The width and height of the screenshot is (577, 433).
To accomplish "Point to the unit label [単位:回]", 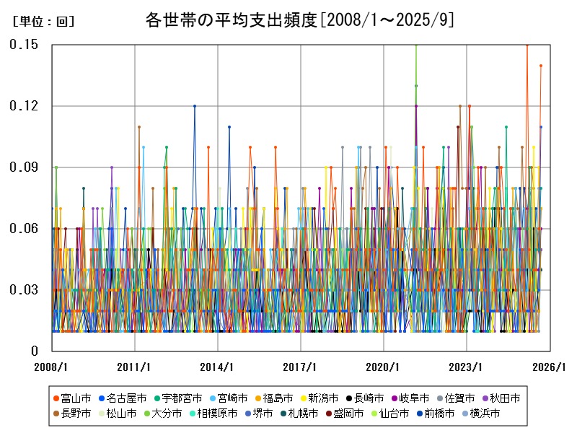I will [44, 22].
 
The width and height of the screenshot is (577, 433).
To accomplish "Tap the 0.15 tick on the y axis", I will [24, 45].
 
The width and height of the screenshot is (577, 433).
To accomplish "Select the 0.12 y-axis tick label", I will [24, 106].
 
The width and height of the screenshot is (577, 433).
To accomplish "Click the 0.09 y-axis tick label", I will [24, 167].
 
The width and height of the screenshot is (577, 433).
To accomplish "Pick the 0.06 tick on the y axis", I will [24, 229].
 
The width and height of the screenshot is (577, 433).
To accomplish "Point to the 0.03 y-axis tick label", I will [24, 290].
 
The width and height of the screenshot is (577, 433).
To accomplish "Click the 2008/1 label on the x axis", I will [52, 367].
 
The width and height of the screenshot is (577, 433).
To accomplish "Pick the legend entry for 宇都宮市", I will [177, 398].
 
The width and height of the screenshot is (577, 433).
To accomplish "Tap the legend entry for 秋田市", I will [499, 398].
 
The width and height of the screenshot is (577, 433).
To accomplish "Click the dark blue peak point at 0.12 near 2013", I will [194, 106].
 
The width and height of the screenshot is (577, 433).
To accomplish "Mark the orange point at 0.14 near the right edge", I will [541, 66].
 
